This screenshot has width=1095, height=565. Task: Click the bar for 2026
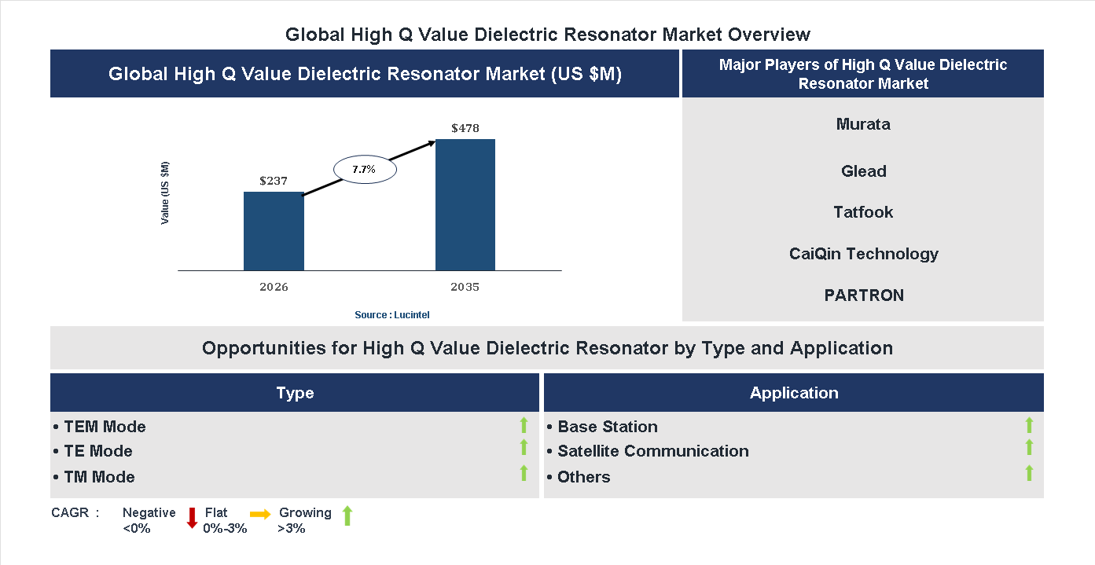[x=274, y=231]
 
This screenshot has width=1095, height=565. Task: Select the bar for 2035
[x=465, y=205]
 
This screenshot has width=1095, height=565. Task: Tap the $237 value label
[x=274, y=181]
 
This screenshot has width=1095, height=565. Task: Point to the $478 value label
[x=465, y=128]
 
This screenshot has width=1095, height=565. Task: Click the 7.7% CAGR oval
[x=365, y=169]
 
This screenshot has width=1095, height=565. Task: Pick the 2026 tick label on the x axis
[x=274, y=287]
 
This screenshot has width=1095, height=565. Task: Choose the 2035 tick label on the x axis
[x=465, y=287]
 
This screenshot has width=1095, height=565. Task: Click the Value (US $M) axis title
[x=165, y=193]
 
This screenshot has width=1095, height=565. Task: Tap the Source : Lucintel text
[x=392, y=315]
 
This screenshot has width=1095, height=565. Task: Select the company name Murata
[x=863, y=124]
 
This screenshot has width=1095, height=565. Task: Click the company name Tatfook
[x=863, y=212]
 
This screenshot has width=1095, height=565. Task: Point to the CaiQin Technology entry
[x=863, y=254]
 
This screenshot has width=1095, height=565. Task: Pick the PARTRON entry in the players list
[x=863, y=295]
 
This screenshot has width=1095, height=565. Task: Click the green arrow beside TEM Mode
[x=524, y=425]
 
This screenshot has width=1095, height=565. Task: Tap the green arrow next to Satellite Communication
[x=1029, y=447]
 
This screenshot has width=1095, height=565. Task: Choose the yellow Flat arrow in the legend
[x=260, y=514]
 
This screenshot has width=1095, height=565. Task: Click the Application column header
[x=794, y=393]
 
